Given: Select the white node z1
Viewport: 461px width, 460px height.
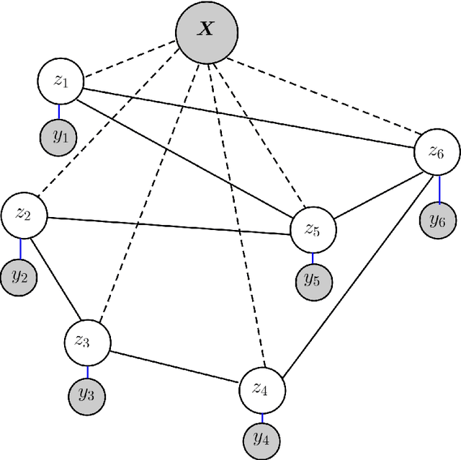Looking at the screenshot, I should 60,80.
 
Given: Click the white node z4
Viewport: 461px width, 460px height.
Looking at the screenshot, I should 262,390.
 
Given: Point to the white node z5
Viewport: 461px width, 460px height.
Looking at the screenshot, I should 313,230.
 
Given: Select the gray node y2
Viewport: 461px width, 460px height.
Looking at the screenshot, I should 19,278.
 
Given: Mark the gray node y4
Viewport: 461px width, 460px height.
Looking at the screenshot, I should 262,439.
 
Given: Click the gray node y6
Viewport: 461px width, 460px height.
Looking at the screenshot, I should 438,221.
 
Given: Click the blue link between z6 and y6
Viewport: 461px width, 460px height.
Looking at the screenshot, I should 438,188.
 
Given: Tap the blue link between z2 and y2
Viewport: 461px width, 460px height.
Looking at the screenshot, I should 21,249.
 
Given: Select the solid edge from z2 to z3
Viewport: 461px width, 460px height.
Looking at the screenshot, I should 56,280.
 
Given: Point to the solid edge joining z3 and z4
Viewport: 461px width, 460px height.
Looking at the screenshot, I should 174,366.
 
